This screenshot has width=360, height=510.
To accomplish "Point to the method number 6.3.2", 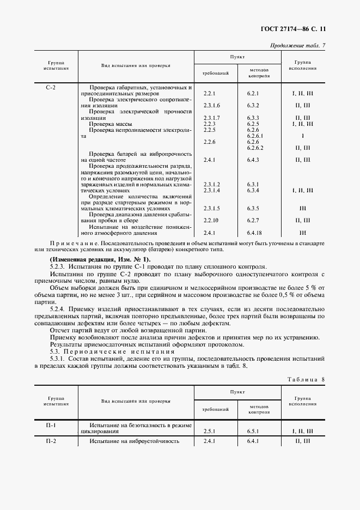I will click(x=253, y=105).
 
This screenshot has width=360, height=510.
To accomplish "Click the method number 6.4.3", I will click(x=253, y=160).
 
